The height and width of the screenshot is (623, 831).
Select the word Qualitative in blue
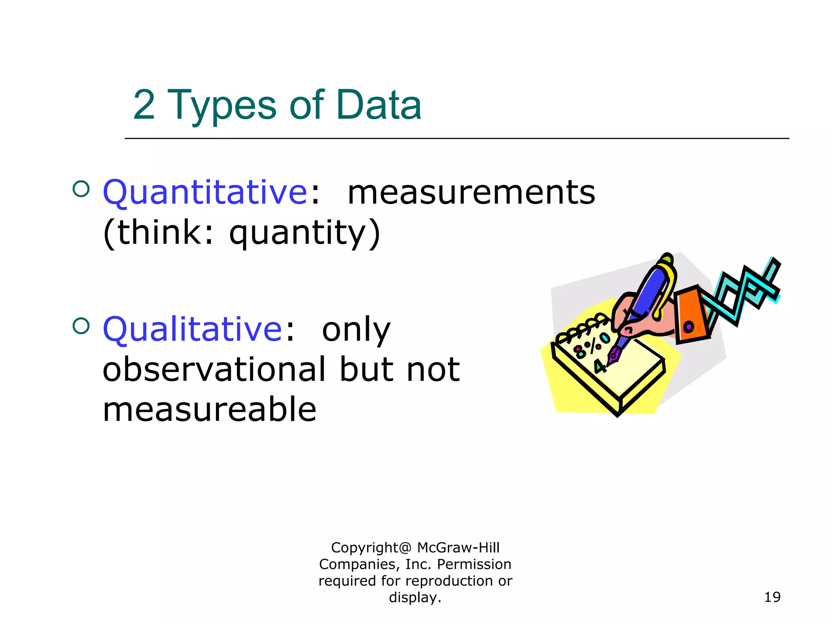click(192, 329)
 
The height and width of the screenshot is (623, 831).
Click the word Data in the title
click(379, 105)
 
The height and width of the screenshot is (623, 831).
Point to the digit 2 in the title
click(144, 105)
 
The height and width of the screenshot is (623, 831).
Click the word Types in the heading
click(222, 106)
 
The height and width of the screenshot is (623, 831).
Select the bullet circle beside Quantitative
click(81, 189)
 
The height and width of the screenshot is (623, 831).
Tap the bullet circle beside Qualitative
click(81, 326)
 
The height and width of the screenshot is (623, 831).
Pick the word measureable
click(209, 409)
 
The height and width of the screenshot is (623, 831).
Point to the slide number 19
click(772, 597)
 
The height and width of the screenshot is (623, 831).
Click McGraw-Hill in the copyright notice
click(458, 548)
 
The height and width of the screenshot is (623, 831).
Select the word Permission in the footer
click(474, 564)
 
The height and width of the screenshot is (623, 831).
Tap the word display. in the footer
click(415, 597)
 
